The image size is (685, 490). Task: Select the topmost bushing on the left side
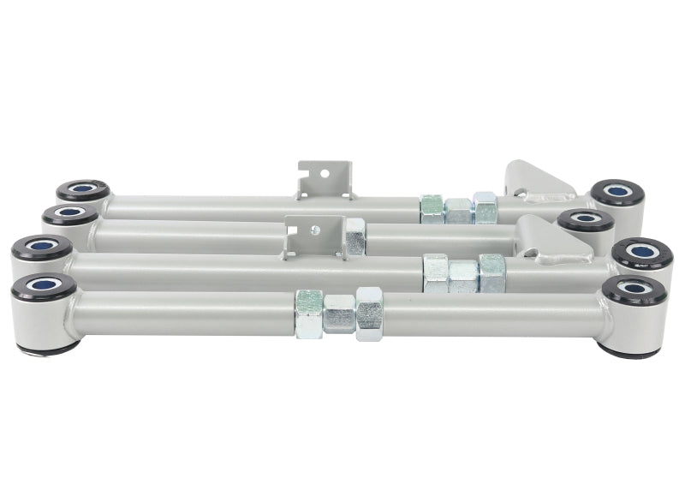(x=83, y=190)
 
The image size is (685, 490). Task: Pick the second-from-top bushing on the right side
(x=587, y=220)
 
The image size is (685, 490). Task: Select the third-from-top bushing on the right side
(x=642, y=253)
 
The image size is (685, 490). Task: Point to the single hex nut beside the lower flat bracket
(x=354, y=236)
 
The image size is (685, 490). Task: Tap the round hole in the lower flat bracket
(x=316, y=230)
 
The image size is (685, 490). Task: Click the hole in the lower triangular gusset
(x=534, y=254)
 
